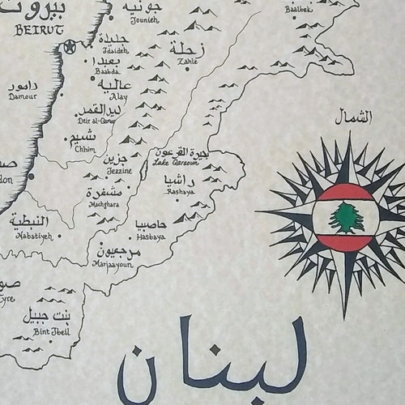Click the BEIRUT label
click(38, 31)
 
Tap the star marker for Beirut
click(70, 47)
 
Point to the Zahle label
click(187, 61)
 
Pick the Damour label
click(22, 96)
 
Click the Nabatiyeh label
click(32, 237)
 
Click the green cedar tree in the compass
click(346, 217)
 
